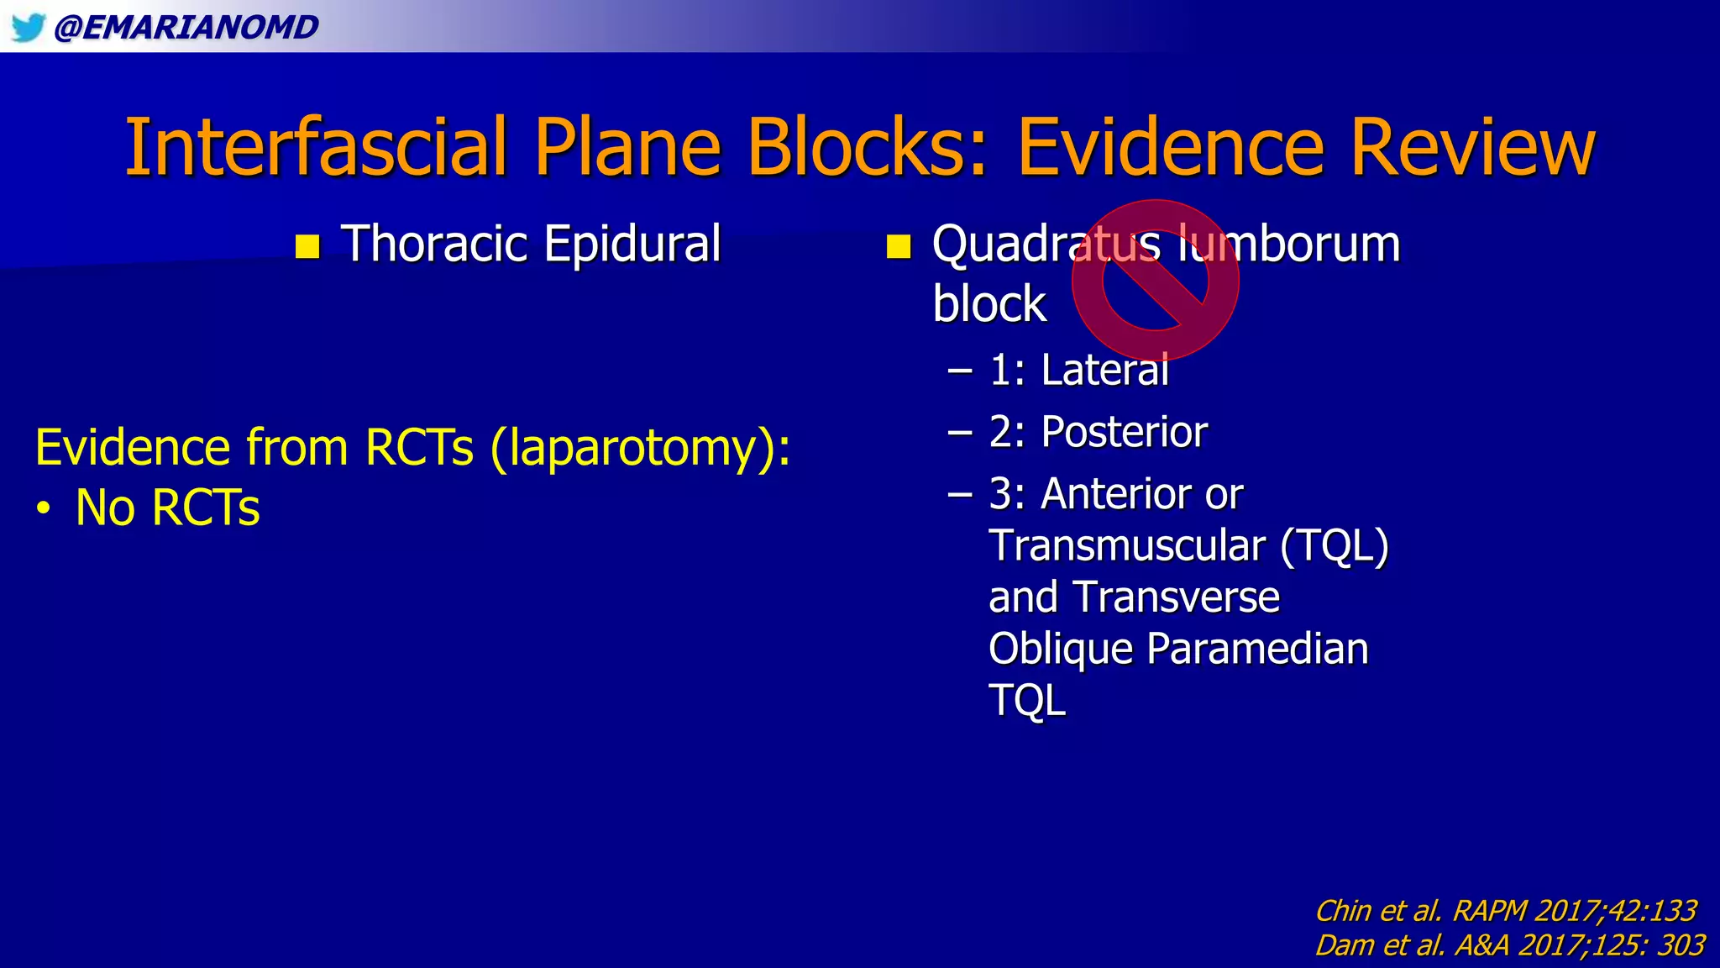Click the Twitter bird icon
28,27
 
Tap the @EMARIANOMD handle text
186,27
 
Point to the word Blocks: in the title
867,148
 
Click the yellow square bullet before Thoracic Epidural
308,247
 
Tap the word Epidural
632,244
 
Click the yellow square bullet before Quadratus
899,247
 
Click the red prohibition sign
1155,281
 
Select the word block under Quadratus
989,304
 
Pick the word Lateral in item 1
1104,370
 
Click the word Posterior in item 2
1124,432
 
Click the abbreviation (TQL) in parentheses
1335,546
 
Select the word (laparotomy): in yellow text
640,447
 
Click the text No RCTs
167,508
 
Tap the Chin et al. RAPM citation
1505,911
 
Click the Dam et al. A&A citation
1509,945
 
